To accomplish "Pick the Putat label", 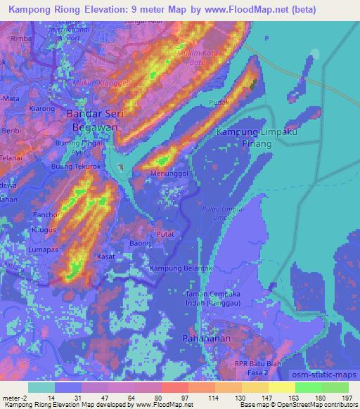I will (165, 233).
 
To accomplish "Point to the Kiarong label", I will (42, 109).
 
